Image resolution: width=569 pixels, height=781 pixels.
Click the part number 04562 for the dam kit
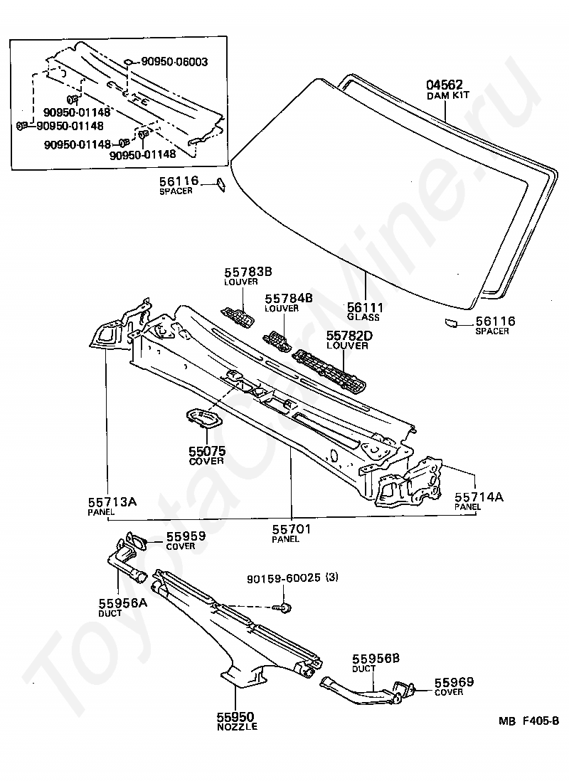tap(445, 85)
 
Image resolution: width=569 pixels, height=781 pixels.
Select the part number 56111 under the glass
tap(365, 307)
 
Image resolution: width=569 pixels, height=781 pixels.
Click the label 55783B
tap(248, 272)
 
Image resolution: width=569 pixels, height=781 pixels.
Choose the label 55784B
tap(289, 299)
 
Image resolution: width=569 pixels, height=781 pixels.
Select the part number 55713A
tap(112, 502)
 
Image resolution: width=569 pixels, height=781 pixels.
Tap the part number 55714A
tap(479, 497)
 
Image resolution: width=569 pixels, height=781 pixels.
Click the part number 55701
tap(292, 529)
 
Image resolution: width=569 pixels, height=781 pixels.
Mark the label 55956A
tap(123, 603)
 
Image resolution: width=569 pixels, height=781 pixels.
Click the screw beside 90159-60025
tap(284, 607)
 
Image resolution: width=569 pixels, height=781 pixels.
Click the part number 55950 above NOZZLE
tap(236, 717)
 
